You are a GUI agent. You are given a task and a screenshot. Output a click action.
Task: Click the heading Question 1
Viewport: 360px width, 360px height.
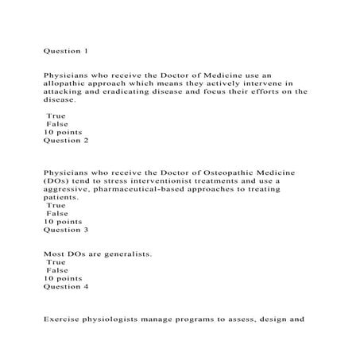pyautogui.click(x=65, y=51)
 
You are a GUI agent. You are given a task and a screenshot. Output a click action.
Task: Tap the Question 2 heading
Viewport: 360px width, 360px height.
pyautogui.click(x=65, y=141)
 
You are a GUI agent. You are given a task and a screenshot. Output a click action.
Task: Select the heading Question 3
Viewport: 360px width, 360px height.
pyautogui.click(x=65, y=230)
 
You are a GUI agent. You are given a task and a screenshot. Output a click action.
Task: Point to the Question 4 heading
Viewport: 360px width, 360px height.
pyautogui.click(x=65, y=287)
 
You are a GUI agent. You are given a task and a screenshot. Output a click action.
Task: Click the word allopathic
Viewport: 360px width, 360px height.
pyautogui.click(x=68, y=91)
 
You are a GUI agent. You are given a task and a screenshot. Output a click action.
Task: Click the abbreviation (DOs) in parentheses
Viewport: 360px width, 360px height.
pyautogui.click(x=57, y=181)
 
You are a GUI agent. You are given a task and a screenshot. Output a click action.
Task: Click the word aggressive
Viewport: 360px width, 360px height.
pyautogui.click(x=69, y=192)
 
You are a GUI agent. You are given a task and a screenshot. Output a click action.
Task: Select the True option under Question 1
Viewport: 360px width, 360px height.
pyautogui.click(x=56, y=116)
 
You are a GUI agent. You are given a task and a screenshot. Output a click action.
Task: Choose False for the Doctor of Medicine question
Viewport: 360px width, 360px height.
pyautogui.click(x=56, y=125)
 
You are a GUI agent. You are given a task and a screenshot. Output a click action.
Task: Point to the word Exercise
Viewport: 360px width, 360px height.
pyautogui.click(x=63, y=326)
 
